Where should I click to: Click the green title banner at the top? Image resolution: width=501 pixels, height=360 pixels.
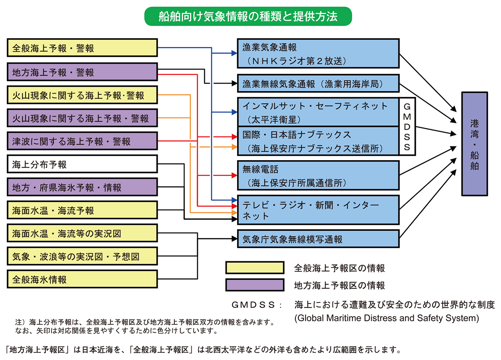(x=248, y=17)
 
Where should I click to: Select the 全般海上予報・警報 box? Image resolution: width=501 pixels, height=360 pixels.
(x=82, y=48)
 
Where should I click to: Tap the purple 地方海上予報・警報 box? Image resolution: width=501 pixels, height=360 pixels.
(x=82, y=72)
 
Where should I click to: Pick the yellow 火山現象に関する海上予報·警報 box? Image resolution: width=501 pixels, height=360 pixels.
(x=82, y=95)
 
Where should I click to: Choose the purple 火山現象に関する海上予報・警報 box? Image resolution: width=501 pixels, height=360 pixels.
(x=82, y=118)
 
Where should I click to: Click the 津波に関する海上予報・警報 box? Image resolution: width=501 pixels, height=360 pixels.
(x=82, y=141)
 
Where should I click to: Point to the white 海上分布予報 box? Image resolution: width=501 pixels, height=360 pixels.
(x=82, y=165)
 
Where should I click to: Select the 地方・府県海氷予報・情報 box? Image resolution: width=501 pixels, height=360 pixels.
(x=82, y=188)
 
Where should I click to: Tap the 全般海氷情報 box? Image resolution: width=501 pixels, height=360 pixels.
(x=82, y=279)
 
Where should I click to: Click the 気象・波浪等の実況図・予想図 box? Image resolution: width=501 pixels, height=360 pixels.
(x=82, y=257)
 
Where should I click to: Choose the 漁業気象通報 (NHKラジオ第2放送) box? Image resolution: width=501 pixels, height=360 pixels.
(x=318, y=54)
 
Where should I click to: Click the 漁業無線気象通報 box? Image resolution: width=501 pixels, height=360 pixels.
(x=318, y=84)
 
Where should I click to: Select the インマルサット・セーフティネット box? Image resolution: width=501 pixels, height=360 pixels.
(x=318, y=112)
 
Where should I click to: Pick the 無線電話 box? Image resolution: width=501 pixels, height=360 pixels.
(x=318, y=175)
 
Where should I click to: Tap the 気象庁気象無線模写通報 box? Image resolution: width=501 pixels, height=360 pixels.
(x=318, y=239)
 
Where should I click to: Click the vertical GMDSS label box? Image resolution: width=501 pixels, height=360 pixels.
(x=407, y=126)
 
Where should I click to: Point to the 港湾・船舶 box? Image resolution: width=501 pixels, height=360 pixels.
(x=474, y=144)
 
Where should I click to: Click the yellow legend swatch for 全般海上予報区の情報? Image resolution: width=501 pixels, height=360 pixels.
(x=255, y=268)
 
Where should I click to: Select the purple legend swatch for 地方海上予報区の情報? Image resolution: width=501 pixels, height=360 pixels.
(x=255, y=285)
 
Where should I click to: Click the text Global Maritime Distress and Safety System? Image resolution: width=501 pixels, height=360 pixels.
(x=387, y=318)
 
